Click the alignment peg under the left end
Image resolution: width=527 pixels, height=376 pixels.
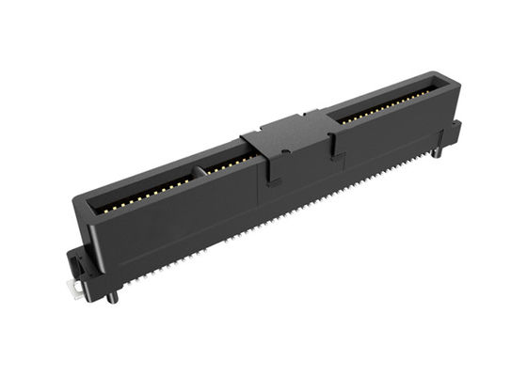[x=112, y=296]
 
